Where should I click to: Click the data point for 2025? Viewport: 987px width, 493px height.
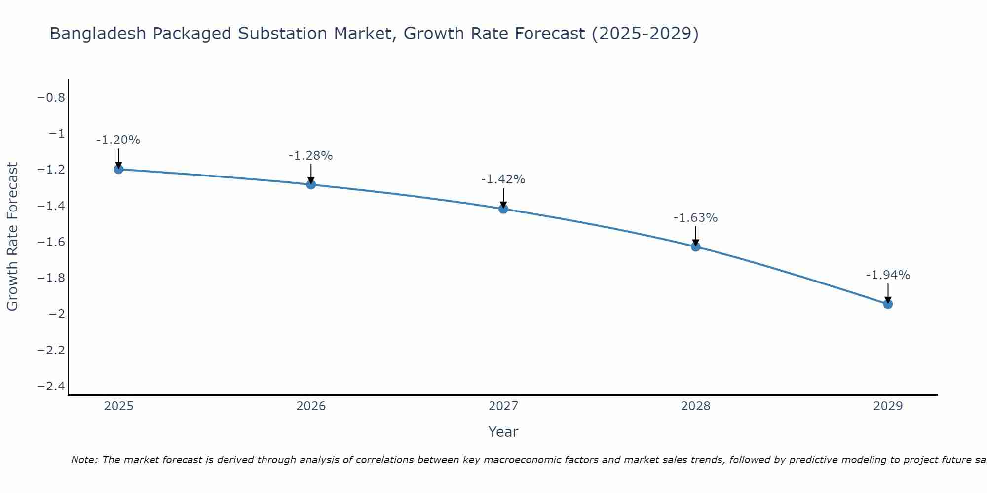click(118, 169)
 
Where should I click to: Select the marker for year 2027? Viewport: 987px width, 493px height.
click(503, 209)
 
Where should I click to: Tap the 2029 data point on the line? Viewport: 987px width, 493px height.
click(888, 304)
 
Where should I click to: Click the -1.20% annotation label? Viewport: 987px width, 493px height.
click(118, 140)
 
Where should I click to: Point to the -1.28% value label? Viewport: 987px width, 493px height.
click(310, 156)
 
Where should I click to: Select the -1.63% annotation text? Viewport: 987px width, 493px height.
click(695, 218)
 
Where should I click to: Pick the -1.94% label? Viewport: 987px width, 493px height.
click(888, 275)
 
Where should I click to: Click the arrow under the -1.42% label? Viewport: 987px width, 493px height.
click(503, 198)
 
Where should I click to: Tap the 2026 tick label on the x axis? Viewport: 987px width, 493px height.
click(311, 406)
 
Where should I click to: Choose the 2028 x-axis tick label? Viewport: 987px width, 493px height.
click(695, 406)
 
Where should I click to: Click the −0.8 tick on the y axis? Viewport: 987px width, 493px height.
click(51, 98)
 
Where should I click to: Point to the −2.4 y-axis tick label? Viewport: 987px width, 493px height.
click(51, 386)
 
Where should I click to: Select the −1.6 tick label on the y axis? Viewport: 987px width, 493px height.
click(51, 242)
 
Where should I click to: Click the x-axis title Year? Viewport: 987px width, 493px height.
click(503, 432)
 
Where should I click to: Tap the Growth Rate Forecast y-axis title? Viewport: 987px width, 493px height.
click(12, 237)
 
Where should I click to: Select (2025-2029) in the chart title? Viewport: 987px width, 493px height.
click(645, 34)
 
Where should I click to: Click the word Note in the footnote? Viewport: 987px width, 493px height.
click(84, 460)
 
